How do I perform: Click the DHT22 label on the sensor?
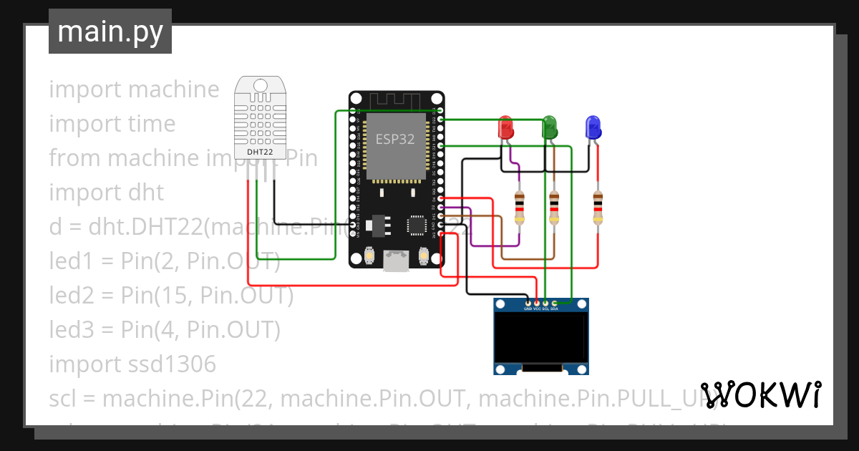coord(260,152)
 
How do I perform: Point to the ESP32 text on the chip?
coord(395,140)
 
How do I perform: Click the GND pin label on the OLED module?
coord(528,309)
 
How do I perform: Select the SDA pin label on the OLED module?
coord(554,309)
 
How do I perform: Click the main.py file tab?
coord(110,32)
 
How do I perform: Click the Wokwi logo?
coord(761,394)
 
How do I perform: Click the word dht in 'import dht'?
coord(146,193)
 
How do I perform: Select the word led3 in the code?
coord(69,330)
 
